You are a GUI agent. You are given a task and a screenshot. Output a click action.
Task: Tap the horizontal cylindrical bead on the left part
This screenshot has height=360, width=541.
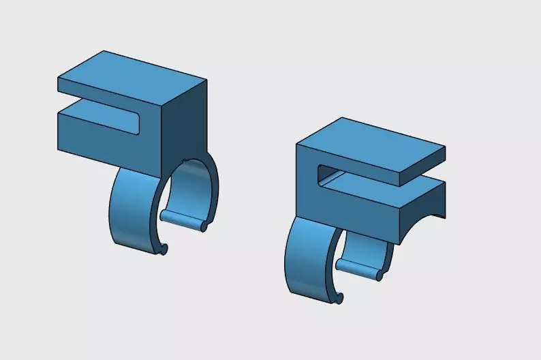point(184,218)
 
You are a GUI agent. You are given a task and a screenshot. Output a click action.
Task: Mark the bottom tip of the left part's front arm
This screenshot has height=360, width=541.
point(164,250)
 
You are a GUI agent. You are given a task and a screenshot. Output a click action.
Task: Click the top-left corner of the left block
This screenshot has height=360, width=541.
point(59,78)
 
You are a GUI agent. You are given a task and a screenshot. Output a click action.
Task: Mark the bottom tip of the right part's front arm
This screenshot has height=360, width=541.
point(339,298)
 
